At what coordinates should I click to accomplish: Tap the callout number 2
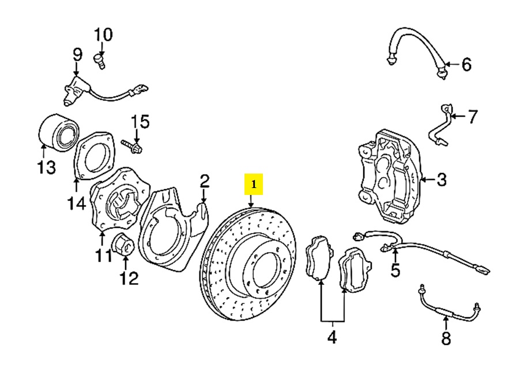coord(204,183)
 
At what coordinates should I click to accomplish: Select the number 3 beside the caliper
coord(441,180)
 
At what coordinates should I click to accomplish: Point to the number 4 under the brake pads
coord(332,337)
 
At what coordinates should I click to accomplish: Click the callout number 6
coord(466,64)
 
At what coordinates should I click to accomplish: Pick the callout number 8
coord(446,338)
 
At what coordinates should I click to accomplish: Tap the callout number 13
coord(47,167)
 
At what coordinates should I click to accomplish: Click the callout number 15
coord(140,122)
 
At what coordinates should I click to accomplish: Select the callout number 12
coord(129,279)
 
